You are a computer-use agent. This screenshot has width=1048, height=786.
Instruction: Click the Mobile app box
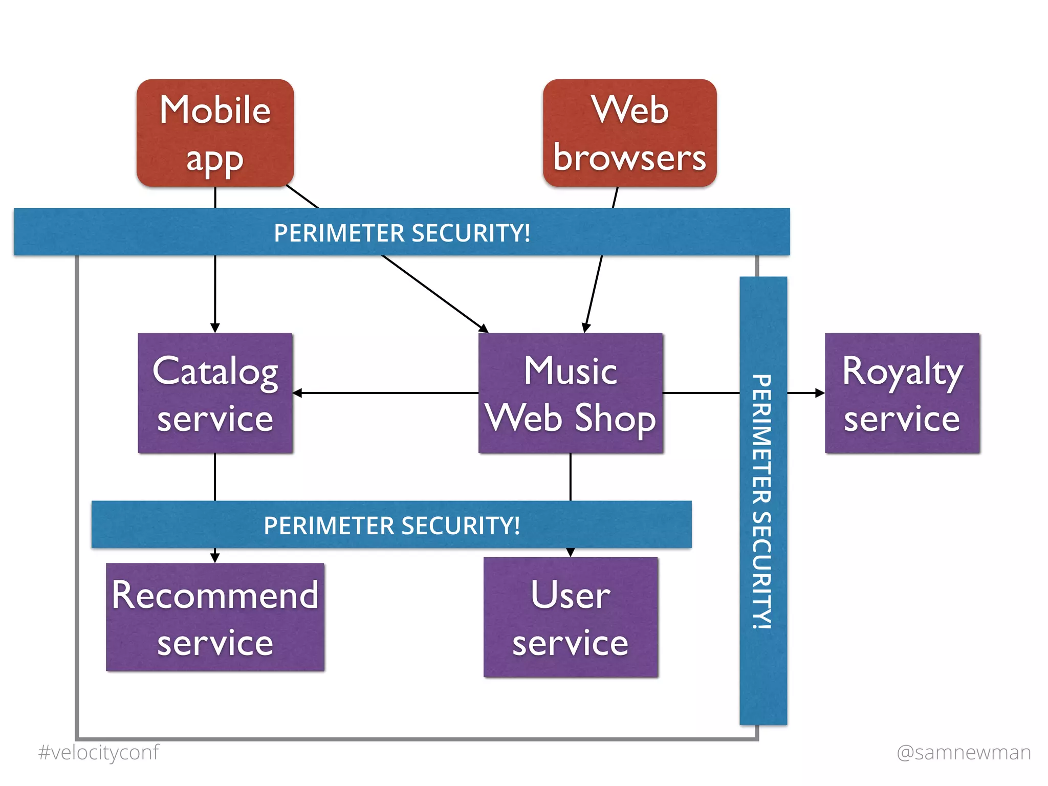point(215,133)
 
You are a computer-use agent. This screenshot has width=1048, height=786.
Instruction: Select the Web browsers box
point(629,133)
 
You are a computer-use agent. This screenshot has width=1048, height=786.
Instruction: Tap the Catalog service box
point(215,393)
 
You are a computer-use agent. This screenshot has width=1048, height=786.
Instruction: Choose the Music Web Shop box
point(571,393)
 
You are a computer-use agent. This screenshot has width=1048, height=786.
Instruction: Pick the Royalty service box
point(902,393)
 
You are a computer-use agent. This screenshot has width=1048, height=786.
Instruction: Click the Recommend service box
point(215,617)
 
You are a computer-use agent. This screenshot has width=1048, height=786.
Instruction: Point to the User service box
point(571,617)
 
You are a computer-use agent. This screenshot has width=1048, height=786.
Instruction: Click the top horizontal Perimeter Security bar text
point(402,233)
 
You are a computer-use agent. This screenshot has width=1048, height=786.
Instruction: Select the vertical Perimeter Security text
point(762,501)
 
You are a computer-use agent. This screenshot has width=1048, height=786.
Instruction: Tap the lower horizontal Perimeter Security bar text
point(391,526)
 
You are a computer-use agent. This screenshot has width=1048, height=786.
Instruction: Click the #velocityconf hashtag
point(98,752)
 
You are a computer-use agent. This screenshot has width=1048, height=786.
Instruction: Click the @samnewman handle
point(964,752)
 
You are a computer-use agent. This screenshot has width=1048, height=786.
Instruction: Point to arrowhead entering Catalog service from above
point(215,328)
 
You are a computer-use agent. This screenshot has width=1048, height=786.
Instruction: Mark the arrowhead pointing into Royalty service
point(820,393)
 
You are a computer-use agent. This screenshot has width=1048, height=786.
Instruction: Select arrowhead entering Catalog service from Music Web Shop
point(297,393)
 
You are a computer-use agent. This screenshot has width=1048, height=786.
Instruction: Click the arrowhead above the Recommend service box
point(215,557)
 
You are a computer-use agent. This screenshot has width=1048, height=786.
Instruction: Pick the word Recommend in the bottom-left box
point(215,595)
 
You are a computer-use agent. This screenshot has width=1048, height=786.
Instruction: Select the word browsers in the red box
point(629,158)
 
